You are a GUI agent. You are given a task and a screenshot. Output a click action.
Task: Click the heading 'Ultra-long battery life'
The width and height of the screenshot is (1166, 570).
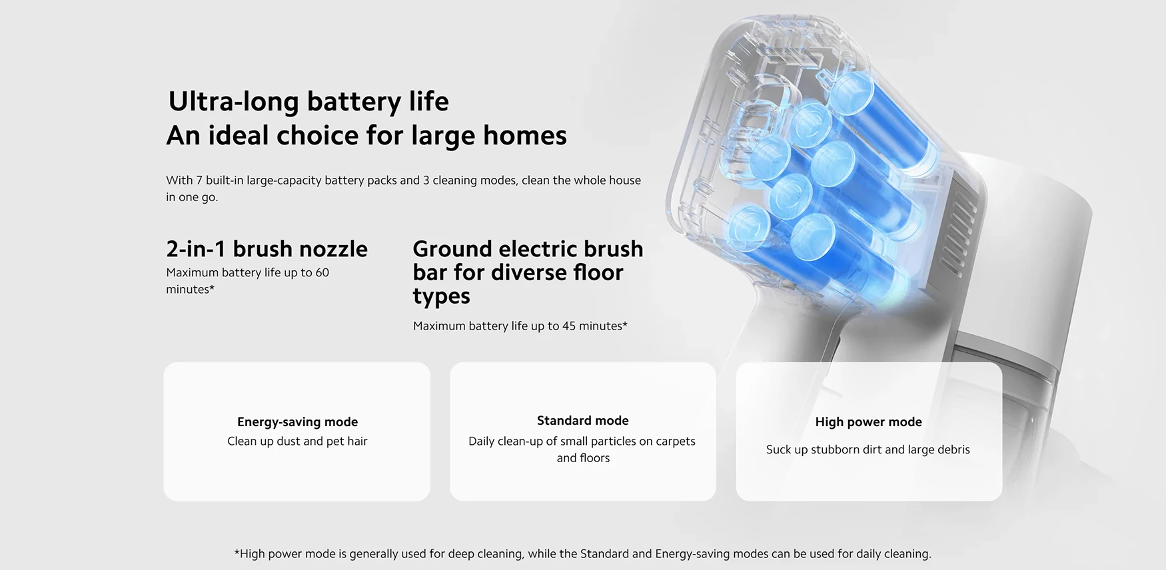click(308, 102)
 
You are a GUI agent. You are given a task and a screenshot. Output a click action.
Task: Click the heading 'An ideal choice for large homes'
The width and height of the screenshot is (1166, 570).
click(366, 136)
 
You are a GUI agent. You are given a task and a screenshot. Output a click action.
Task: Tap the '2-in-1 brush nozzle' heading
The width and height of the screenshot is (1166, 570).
click(267, 249)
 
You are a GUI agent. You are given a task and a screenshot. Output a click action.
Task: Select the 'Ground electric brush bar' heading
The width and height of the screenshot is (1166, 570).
click(528, 260)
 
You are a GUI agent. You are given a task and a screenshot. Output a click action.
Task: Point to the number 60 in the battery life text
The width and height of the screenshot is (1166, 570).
click(322, 272)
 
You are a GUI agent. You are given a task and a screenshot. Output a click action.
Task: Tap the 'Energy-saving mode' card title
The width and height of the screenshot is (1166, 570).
click(297, 422)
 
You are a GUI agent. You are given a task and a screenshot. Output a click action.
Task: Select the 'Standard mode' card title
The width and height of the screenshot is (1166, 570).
click(583, 420)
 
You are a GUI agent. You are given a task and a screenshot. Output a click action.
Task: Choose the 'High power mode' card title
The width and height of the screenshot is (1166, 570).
click(869, 422)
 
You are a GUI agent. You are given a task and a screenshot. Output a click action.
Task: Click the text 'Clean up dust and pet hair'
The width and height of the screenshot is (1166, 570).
click(297, 441)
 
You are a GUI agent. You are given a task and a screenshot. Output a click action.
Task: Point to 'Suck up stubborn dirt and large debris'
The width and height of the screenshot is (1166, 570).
click(868, 449)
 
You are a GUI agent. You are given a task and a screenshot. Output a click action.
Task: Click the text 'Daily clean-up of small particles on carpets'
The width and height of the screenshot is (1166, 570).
click(582, 441)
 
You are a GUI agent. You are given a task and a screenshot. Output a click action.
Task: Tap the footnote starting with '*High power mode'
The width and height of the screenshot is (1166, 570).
click(583, 553)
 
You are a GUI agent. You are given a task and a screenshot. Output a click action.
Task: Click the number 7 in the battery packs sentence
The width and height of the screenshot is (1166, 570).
click(199, 180)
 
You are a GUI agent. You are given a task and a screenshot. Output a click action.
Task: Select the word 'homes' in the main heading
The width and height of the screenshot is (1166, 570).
click(525, 136)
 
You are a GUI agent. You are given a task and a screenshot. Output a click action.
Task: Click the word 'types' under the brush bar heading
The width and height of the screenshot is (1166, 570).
click(441, 296)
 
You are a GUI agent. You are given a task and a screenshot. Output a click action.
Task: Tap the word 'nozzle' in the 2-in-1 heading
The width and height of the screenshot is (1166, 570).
click(332, 249)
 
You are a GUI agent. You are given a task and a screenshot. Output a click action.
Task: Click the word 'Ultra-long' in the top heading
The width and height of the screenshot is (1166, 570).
click(233, 102)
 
